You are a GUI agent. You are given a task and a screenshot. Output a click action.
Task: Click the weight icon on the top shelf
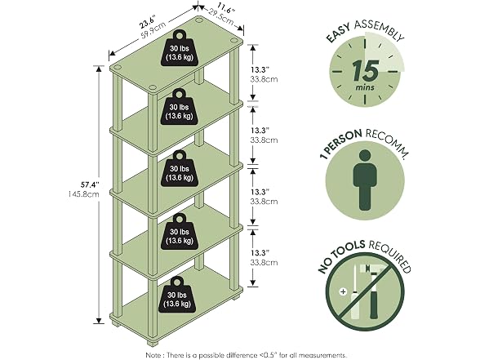point(180,48)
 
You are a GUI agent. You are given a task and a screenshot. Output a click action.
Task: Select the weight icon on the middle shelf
point(180,169)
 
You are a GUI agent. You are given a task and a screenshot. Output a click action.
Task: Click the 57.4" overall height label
point(91,184)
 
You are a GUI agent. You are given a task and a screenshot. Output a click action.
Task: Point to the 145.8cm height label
point(84,194)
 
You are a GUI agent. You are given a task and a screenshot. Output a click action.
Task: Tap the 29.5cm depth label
point(221,17)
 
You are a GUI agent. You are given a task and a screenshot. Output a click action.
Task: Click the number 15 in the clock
point(365,71)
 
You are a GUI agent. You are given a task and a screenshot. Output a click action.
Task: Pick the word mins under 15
point(365,87)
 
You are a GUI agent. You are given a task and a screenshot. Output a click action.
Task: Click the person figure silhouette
point(365,180)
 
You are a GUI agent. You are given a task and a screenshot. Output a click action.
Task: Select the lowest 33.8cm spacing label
point(264,263)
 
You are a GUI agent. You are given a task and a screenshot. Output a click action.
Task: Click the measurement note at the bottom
point(247,355)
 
